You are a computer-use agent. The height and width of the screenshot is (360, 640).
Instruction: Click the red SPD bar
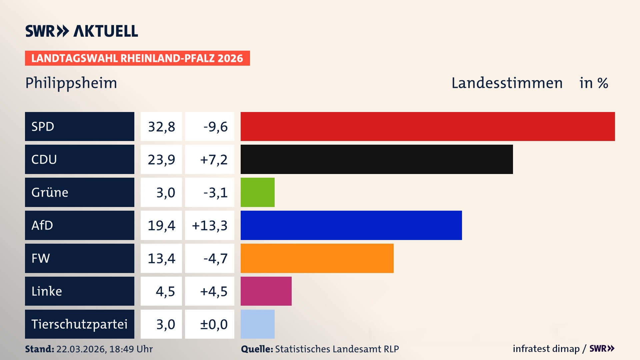tap(428, 126)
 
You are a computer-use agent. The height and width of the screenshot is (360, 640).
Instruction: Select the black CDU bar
tap(377, 159)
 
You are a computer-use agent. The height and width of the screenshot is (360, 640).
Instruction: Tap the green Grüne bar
tap(258, 192)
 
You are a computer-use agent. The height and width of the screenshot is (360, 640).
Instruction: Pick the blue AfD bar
tap(351, 225)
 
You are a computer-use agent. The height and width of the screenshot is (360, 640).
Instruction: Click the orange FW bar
tap(317, 258)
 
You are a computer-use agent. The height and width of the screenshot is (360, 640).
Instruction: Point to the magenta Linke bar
tap(266, 291)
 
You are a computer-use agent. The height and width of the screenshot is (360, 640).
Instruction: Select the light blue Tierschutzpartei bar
tap(258, 324)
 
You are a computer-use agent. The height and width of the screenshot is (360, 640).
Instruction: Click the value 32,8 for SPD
tap(161, 127)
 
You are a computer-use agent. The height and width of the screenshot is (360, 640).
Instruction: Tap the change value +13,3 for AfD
tap(210, 226)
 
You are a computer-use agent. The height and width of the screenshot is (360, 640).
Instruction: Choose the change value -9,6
tap(215, 127)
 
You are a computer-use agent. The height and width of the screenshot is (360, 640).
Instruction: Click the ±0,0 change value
tap(214, 324)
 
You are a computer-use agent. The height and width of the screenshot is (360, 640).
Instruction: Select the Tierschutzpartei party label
tap(79, 324)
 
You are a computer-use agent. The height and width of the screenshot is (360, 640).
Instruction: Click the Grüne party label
tap(50, 192)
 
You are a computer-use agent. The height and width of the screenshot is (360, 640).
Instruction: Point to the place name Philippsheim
tap(71, 83)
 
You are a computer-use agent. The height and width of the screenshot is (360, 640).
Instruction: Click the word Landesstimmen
tap(507, 83)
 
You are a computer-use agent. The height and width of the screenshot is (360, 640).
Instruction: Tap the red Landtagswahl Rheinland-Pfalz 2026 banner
tap(137, 58)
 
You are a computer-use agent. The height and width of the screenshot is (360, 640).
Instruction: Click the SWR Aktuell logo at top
tap(82, 31)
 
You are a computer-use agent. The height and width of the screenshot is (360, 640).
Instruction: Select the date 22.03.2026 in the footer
tap(81, 349)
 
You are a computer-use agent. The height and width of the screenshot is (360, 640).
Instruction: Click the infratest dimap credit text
tap(546, 349)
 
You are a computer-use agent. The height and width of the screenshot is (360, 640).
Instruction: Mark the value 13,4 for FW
tap(161, 258)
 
